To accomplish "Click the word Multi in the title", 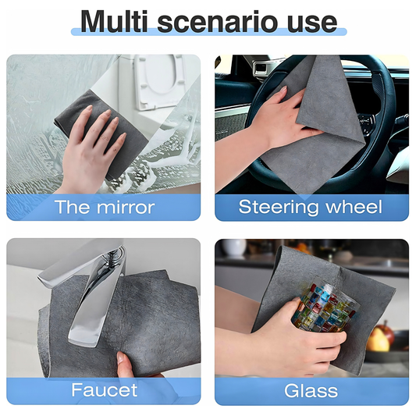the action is coord(114,21).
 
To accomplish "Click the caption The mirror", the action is coord(105,207).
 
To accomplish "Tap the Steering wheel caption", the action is coord(310,207).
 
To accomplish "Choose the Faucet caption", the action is coord(105,390).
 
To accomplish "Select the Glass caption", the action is coord(311,390).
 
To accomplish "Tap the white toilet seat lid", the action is coord(158,81).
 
